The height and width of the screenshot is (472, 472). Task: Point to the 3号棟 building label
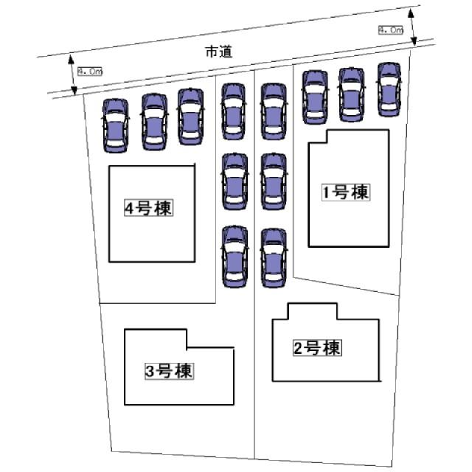(169, 371)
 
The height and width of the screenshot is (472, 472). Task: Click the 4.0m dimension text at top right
(390, 30)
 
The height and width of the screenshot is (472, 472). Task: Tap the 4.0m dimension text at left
(89, 72)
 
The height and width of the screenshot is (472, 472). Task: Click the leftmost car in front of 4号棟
(115, 125)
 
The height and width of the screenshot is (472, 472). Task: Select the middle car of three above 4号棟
(154, 122)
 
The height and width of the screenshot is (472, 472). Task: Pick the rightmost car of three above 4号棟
(190, 117)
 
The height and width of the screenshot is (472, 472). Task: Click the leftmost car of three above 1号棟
(315, 97)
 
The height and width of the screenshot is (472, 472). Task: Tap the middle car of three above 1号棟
(350, 94)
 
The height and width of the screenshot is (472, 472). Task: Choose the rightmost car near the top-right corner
(389, 89)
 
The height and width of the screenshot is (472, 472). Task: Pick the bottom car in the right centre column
(272, 257)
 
